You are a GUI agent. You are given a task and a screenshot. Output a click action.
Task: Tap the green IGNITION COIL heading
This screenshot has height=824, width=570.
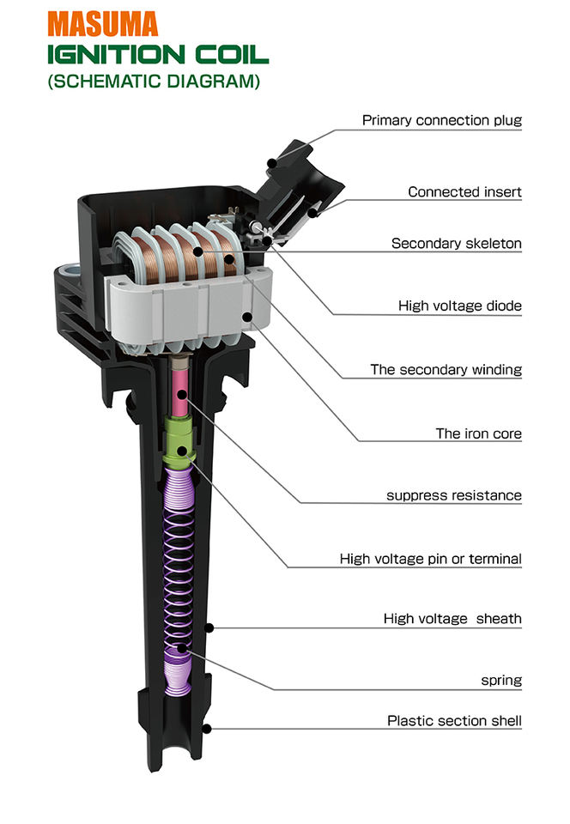(x=157, y=55)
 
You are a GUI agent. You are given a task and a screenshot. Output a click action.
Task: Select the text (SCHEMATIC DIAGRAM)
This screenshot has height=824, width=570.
(x=154, y=83)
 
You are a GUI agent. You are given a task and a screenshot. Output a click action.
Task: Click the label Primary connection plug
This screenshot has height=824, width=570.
(x=441, y=121)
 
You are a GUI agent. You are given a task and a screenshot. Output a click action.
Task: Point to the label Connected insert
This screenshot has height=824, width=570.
(x=464, y=192)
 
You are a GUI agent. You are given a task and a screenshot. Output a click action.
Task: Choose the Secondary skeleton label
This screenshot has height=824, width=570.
(x=456, y=244)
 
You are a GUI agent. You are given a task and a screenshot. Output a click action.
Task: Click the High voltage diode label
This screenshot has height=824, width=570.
(x=459, y=306)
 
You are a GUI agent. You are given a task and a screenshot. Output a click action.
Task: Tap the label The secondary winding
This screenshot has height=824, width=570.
(x=446, y=370)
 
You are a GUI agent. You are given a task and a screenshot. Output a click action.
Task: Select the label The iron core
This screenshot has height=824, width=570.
(x=478, y=433)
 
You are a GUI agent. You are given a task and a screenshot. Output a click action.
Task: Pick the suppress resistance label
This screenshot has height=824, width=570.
(x=453, y=495)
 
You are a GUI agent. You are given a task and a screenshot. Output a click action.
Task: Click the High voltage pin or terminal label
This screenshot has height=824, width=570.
(x=430, y=559)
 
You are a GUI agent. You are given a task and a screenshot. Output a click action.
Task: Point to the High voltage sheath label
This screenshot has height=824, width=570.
(x=452, y=619)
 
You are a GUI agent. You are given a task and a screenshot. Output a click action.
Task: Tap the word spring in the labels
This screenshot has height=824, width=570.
(x=500, y=681)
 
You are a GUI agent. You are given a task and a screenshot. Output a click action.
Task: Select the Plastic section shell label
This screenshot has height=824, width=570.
(x=454, y=721)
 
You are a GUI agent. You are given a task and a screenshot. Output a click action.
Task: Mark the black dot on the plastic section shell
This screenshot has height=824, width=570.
(x=206, y=729)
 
